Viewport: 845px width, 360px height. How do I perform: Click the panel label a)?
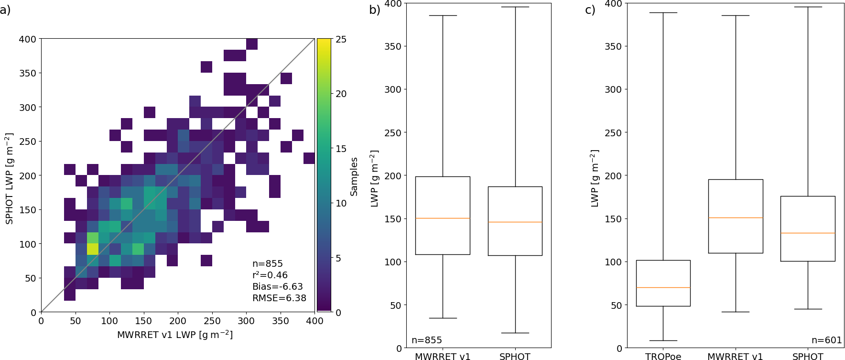[x=5, y=10]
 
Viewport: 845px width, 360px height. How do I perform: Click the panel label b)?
[x=374, y=10]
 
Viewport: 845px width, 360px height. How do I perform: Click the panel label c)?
[x=590, y=10]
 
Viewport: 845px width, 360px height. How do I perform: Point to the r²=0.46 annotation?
[x=270, y=275]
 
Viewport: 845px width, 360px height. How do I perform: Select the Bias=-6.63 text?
[x=277, y=286]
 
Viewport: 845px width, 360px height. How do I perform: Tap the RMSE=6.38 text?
[x=279, y=298]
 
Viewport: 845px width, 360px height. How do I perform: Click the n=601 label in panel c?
[x=826, y=340]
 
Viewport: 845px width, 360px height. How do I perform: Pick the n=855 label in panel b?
[x=426, y=340]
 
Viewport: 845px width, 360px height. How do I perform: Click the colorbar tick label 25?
[x=341, y=39]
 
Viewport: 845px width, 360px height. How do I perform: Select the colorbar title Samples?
[x=354, y=176]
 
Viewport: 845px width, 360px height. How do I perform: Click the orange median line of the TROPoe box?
[x=663, y=287]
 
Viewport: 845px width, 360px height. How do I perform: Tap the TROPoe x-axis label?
[x=663, y=356]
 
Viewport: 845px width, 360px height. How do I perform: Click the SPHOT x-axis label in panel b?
[x=515, y=356]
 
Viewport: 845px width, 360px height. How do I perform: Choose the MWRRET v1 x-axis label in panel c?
[x=735, y=356]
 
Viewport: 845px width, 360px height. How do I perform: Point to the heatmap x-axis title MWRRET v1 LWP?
[x=175, y=335]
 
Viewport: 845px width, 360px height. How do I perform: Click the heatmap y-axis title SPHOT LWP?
[x=9, y=179]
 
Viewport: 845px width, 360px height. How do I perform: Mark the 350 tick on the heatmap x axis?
[x=281, y=321]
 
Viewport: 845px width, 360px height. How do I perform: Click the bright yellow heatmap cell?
[x=92, y=249]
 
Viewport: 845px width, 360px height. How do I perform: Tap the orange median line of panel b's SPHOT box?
[x=515, y=222]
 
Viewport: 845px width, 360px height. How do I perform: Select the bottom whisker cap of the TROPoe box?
[x=663, y=340]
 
